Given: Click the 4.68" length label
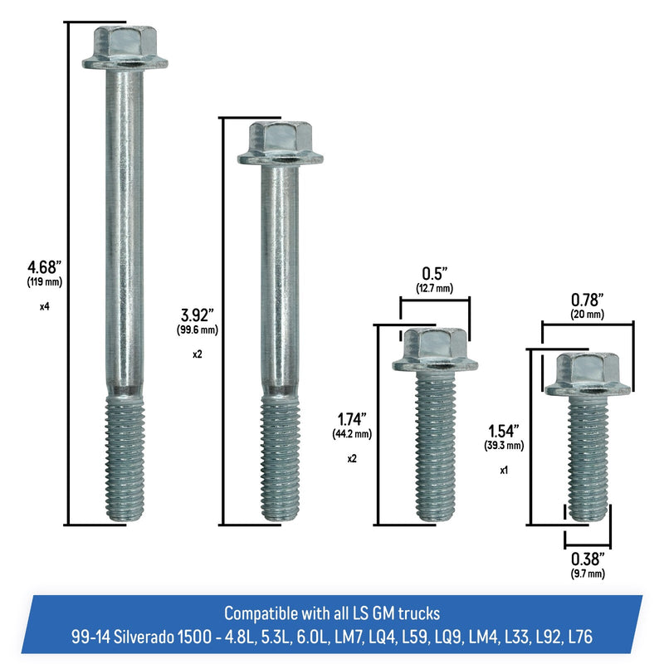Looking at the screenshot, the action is tap(45, 267).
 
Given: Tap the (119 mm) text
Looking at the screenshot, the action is tap(45, 282).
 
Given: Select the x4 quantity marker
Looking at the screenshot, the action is tap(45, 306).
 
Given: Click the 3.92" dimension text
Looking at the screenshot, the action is tap(198, 315).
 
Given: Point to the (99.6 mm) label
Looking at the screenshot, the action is tap(198, 330).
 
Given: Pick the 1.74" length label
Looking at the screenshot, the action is tap(352, 419).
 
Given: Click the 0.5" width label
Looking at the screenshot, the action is tap(434, 274).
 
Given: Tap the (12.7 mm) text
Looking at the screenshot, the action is tap(434, 289).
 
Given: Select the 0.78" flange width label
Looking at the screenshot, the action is tap(588, 300).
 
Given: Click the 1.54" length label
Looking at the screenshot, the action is tap(504, 431).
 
